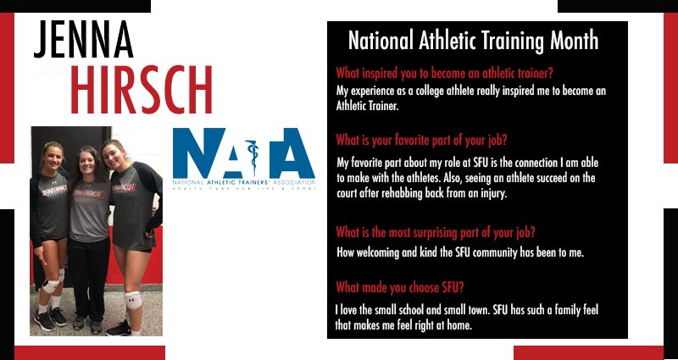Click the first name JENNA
point(84,39)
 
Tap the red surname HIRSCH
point(141,87)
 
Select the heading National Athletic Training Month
point(473,41)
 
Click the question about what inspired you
point(445,73)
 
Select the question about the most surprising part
point(440,231)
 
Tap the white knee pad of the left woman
point(52,286)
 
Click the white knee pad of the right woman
point(133,299)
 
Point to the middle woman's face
point(88,161)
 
